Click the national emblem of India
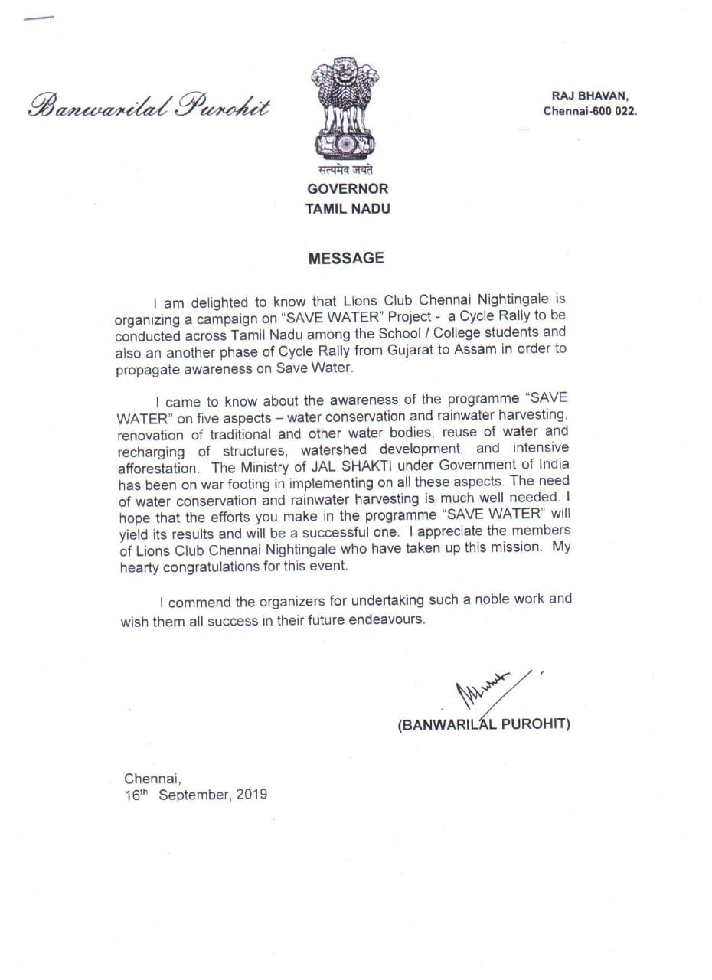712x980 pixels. (345, 107)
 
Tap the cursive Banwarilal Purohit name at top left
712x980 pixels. (149, 106)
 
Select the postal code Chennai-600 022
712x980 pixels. (590, 111)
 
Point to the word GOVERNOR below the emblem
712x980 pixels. (348, 188)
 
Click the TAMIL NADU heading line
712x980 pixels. (348, 209)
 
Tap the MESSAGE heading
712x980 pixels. (346, 259)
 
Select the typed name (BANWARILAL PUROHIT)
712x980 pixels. (484, 724)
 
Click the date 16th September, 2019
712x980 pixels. (196, 795)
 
